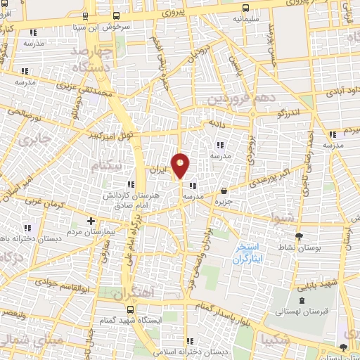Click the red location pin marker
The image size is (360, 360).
coord(181,165)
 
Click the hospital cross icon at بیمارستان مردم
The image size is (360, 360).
coord(91,221)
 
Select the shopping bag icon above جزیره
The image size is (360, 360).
coord(224,191)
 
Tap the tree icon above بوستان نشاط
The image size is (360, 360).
coord(300,236)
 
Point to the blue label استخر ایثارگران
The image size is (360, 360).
coord(247,254)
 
